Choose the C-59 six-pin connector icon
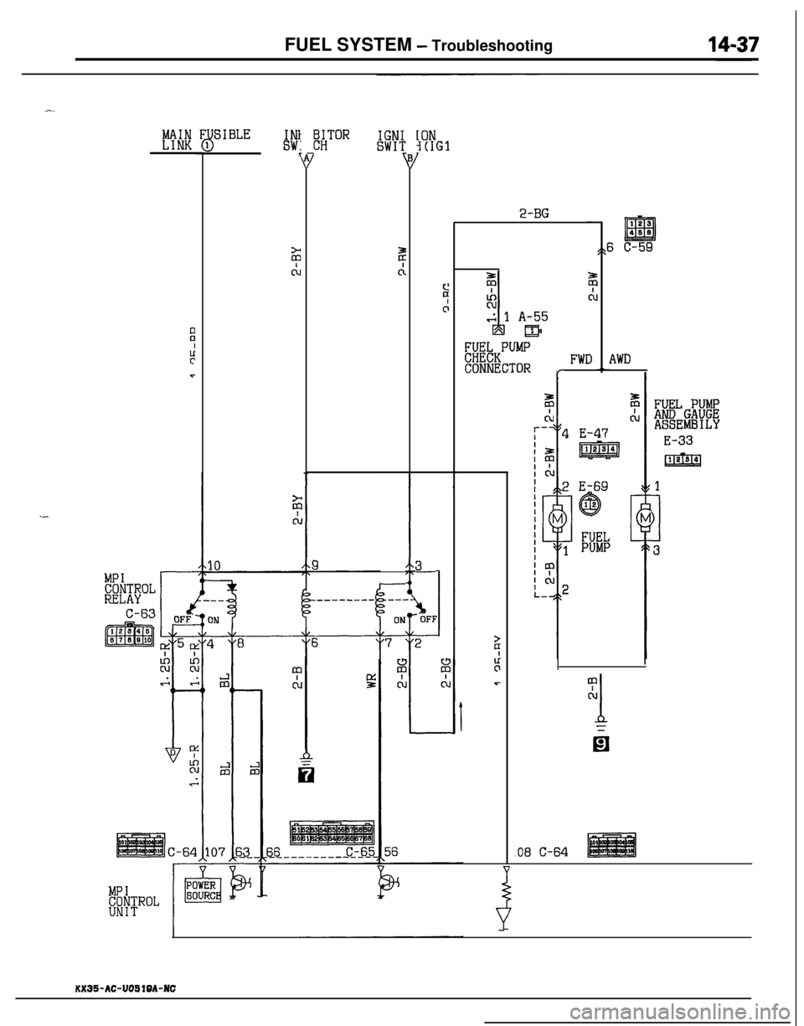click(639, 229)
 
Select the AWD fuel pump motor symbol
click(647, 521)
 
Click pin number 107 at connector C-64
click(212, 852)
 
